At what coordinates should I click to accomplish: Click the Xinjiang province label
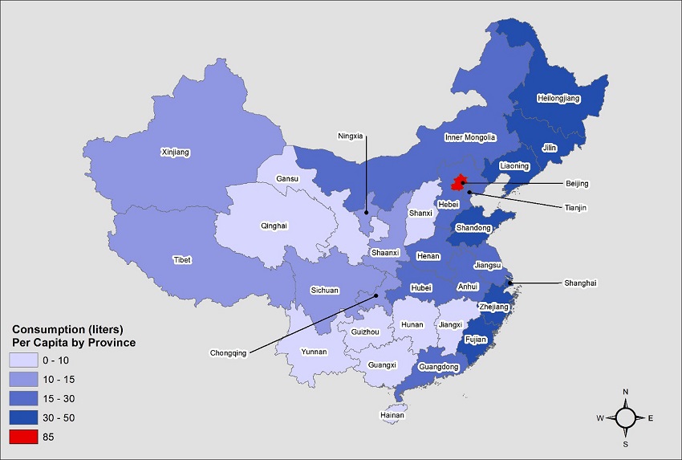point(176,152)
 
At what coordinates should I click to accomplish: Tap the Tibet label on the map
point(182,260)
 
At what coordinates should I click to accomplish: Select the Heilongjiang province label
point(558,99)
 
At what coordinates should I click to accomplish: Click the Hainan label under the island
point(392,416)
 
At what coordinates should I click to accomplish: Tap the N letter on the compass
point(626,392)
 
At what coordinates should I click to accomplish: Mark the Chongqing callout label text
point(225,352)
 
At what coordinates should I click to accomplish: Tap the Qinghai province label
point(274,226)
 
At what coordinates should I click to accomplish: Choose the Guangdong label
point(439,367)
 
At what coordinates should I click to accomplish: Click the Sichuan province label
point(324,291)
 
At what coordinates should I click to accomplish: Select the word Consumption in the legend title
point(46,330)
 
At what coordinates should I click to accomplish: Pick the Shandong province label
point(473,228)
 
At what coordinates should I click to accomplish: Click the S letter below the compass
point(626,443)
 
